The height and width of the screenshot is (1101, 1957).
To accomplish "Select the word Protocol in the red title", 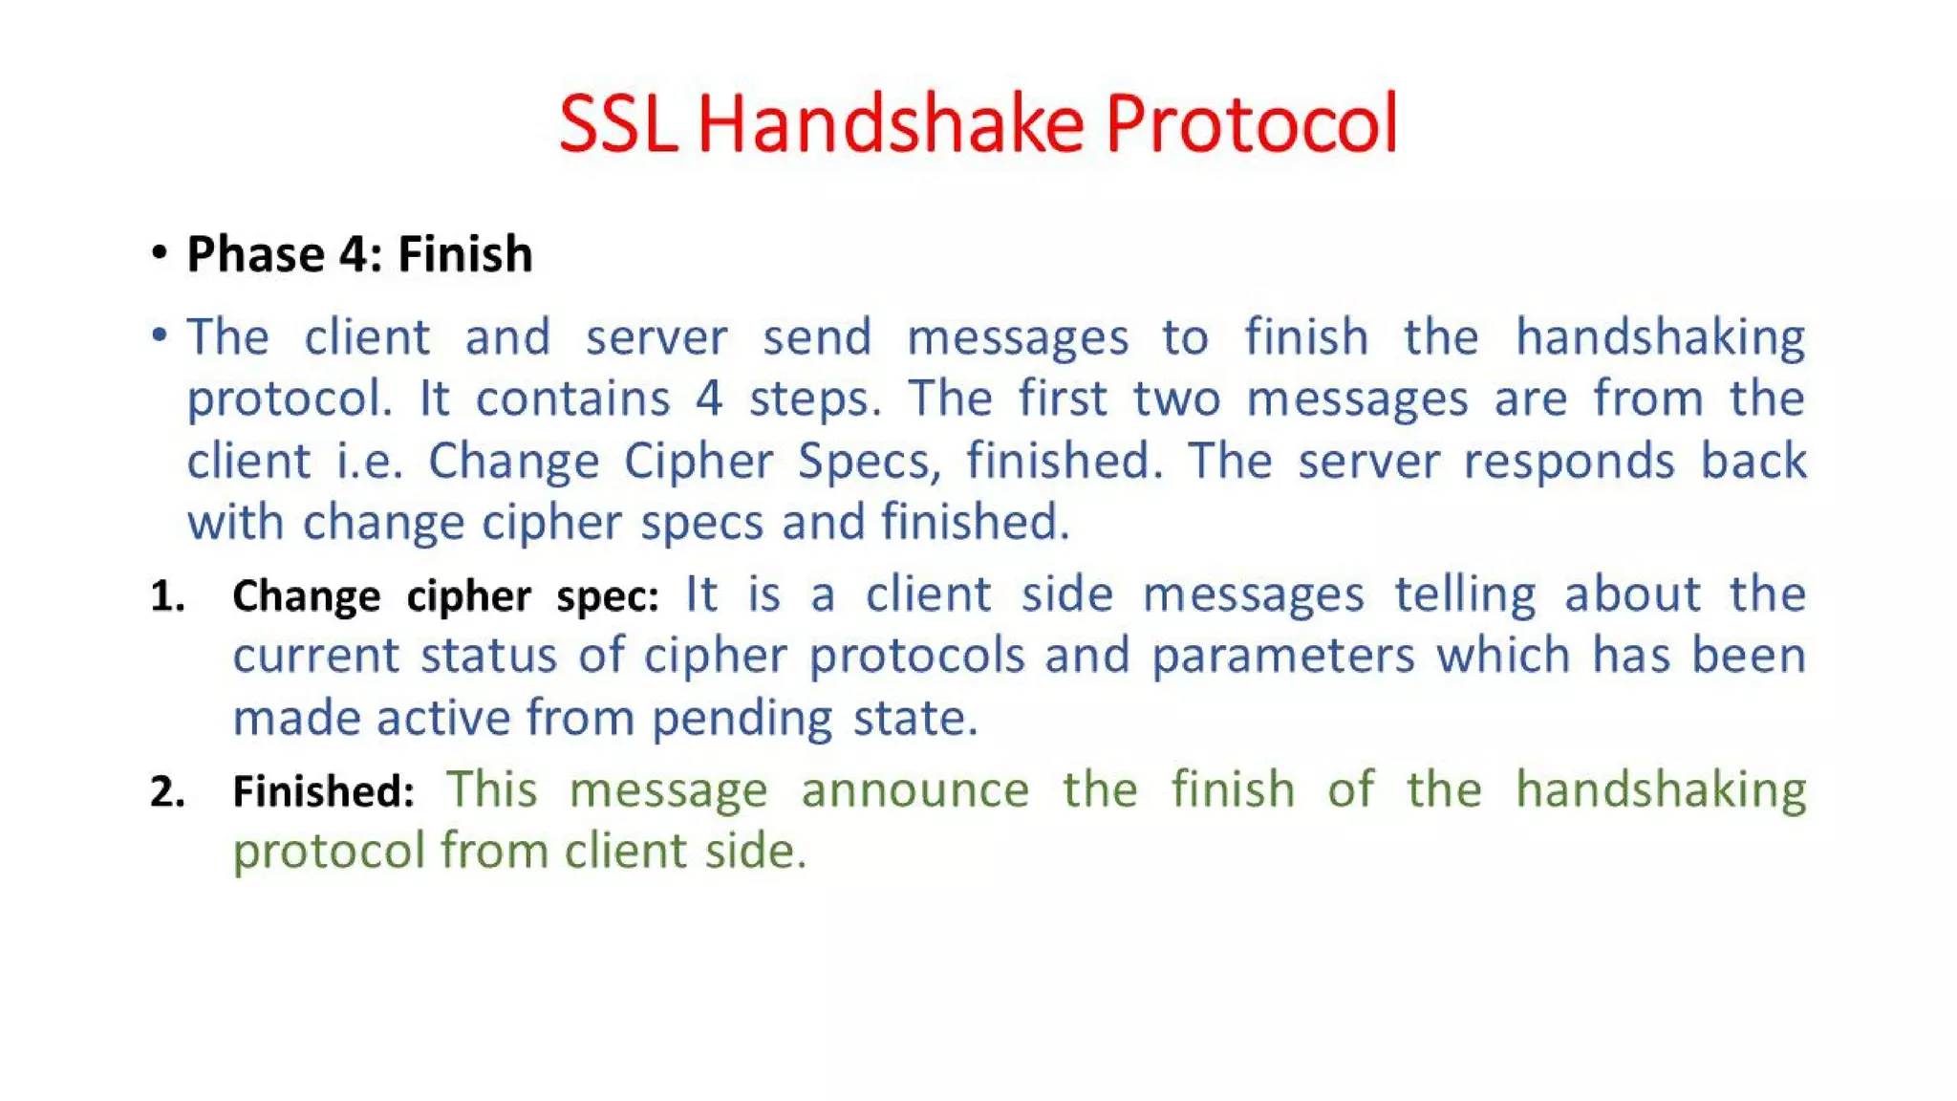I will coord(1252,124).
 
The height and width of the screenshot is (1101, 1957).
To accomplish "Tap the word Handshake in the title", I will coord(891,124).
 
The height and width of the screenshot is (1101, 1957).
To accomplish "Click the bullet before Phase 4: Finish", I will coord(160,253).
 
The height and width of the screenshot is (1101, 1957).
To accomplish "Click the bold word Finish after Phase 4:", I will coord(464,254).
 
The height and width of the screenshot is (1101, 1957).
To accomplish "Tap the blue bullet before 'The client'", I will coord(160,335).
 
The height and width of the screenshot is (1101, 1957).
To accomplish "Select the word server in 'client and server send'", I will coord(656,337).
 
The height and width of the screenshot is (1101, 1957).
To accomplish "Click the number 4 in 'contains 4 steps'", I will coord(708,399).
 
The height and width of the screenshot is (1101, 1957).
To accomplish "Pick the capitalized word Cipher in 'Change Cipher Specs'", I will coord(699,462).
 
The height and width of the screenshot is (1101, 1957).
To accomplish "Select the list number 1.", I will coord(167,596).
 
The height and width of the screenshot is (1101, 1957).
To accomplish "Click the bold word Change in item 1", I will coord(306,596).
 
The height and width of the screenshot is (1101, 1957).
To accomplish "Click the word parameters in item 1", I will coord(1282,657).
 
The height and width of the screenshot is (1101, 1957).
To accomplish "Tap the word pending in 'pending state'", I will coord(742,719).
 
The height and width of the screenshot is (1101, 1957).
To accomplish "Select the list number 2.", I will coord(167,791).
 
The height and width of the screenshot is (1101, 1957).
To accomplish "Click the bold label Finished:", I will coord(323,791).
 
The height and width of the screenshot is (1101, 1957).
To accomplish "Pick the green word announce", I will coord(914,790).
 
